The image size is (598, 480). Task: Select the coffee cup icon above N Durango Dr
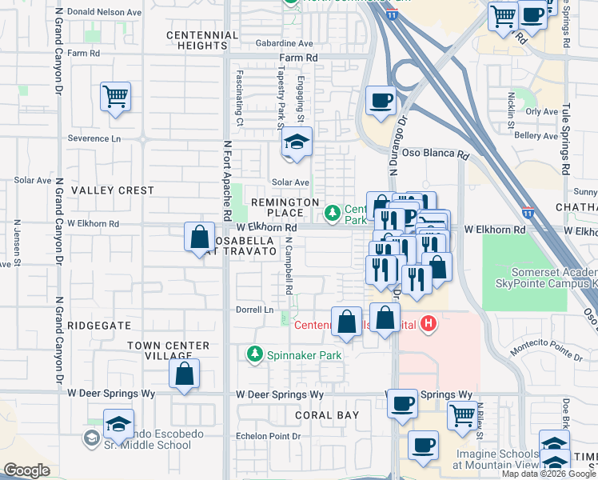pos(381,101)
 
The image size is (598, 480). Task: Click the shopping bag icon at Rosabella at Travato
pos(199,238)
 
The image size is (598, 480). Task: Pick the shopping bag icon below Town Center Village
pos(184,374)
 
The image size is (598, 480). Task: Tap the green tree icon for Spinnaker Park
pos(255,354)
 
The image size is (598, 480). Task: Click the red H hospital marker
pos(429,323)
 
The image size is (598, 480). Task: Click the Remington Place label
pos(285,207)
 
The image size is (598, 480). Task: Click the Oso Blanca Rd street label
pos(435,154)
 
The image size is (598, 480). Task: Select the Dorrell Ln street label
pos(254,310)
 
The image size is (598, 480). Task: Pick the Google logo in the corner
pos(26,470)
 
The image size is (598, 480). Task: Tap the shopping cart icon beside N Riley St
pos(462,416)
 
